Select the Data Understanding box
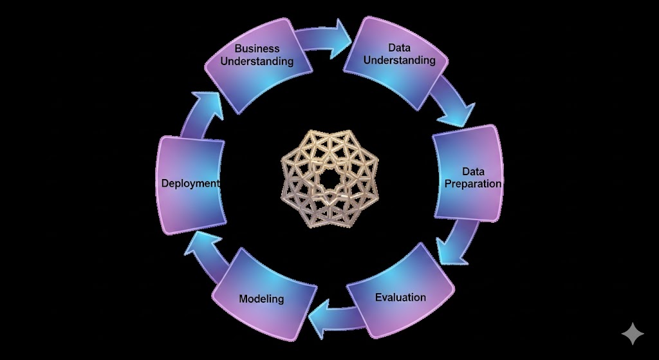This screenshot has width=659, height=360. [x=399, y=61]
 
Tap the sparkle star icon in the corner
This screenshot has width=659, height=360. [x=633, y=334]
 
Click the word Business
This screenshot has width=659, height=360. [x=257, y=48]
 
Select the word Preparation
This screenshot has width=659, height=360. [x=473, y=184]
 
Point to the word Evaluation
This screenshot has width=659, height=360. [x=400, y=298]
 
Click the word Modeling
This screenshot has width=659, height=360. [x=261, y=299]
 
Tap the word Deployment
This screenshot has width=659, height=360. [x=190, y=184]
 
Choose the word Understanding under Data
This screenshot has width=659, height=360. [x=400, y=60]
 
